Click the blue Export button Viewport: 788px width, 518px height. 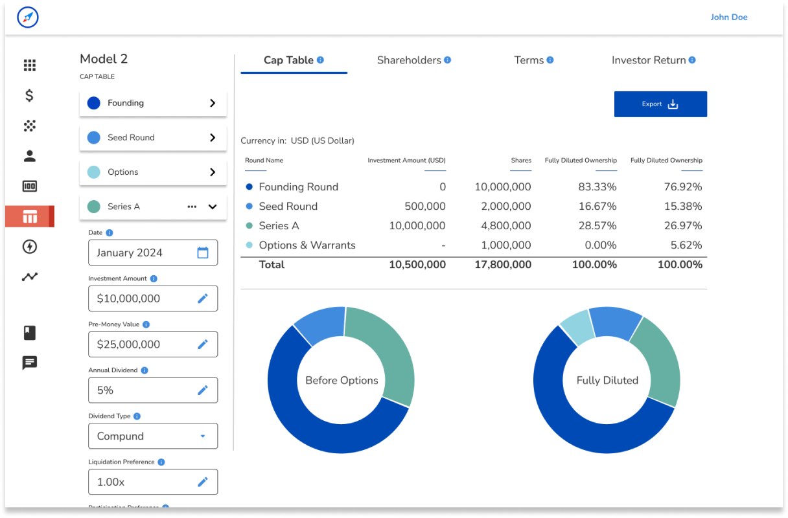(660, 104)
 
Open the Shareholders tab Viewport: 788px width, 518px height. (409, 60)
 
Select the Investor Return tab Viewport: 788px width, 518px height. (649, 60)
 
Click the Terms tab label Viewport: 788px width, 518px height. (529, 60)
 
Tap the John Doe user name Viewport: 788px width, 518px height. (728, 17)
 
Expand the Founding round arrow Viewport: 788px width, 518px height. (213, 103)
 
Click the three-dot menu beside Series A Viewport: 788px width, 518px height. (192, 207)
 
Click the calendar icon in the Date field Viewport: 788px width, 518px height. (203, 253)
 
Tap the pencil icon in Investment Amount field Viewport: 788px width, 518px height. (203, 298)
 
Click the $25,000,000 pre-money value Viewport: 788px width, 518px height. (128, 344)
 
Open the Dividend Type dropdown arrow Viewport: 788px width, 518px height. (203, 436)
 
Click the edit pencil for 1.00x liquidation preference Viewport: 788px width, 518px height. (203, 482)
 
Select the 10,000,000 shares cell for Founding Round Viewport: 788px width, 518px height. (502, 187)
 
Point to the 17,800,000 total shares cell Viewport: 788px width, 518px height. (502, 265)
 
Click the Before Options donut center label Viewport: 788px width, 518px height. (342, 381)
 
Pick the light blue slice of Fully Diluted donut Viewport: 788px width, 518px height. (575, 327)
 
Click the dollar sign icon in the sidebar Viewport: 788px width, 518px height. (29, 96)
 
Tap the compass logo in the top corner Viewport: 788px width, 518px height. (28, 17)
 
